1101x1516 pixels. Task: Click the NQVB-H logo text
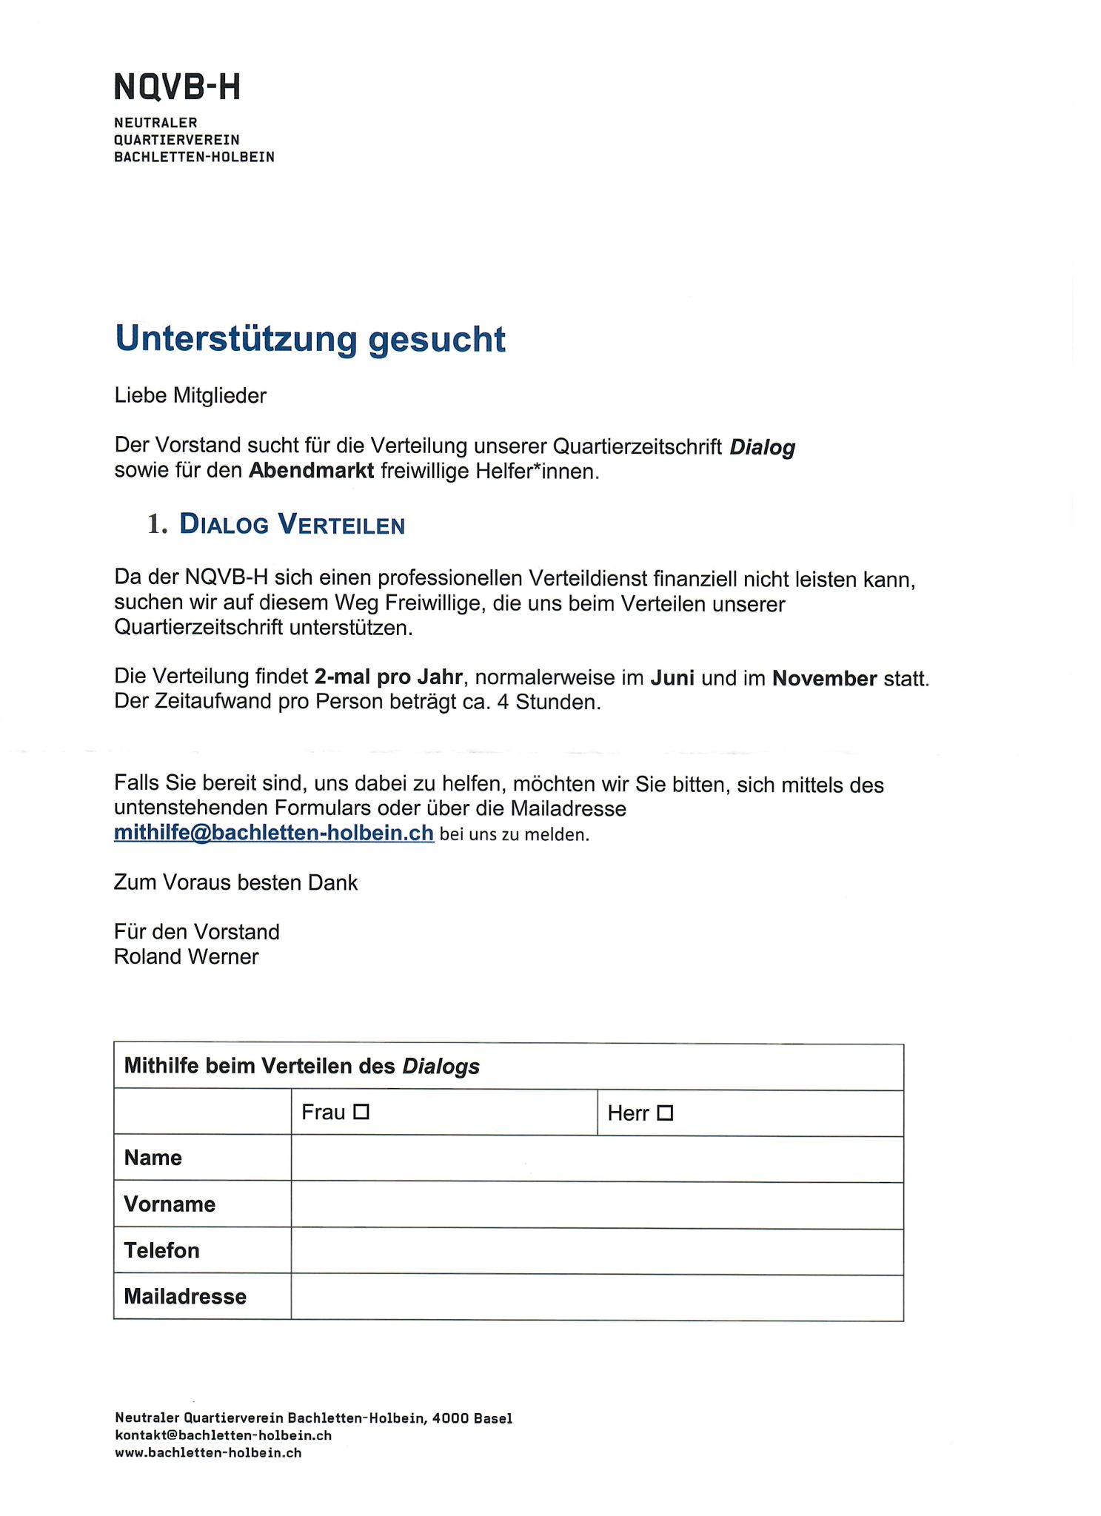tap(177, 87)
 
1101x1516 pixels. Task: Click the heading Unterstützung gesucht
tap(310, 339)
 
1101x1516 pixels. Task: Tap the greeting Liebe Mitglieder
tap(190, 396)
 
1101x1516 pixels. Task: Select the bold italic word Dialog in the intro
tap(762, 447)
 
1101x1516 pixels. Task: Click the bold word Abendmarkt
tap(311, 471)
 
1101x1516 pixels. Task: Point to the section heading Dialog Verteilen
tap(292, 525)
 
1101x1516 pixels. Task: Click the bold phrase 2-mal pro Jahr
tap(389, 677)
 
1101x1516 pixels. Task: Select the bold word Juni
tap(672, 678)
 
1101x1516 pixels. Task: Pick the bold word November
tap(824, 678)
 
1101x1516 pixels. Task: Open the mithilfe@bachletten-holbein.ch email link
tap(273, 834)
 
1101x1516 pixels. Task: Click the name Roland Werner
tap(187, 957)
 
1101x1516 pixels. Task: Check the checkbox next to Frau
tap(361, 1112)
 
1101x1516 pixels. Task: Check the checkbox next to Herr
tap(665, 1113)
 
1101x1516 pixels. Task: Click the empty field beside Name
tap(597, 1158)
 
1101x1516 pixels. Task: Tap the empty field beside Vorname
tap(597, 1205)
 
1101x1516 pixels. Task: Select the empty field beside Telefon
tap(597, 1251)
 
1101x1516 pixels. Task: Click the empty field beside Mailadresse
tap(597, 1297)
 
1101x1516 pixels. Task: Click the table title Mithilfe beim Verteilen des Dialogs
tap(301, 1067)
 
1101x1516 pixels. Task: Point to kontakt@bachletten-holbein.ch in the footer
tap(223, 1435)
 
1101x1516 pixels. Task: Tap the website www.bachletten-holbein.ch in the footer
tap(208, 1452)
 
